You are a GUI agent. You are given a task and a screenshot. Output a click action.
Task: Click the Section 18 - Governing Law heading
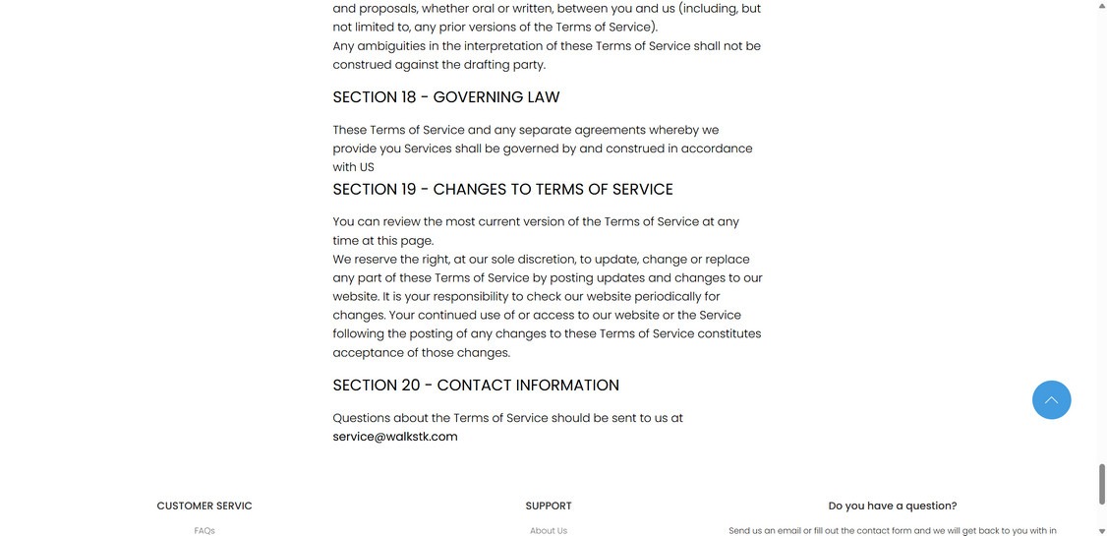point(445,97)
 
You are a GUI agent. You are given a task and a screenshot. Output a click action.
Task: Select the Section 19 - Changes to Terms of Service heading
point(502,190)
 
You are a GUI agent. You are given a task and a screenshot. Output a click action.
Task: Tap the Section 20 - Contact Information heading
point(476,386)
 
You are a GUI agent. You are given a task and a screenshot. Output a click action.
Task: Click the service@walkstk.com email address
point(395,437)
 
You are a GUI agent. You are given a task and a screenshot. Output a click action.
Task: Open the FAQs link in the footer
point(204,531)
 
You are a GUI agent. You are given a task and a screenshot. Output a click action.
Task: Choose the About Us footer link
point(549,531)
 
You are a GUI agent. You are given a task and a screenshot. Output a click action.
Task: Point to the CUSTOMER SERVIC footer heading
point(204,506)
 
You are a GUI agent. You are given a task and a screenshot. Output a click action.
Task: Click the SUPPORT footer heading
point(549,506)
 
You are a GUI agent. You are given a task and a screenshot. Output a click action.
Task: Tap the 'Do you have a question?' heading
point(892,506)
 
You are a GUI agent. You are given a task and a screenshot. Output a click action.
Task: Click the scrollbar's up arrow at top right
point(1101,6)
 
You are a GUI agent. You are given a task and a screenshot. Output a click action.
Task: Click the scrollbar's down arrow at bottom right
point(1101,530)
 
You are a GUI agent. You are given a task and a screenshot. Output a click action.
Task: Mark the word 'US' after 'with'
point(367,167)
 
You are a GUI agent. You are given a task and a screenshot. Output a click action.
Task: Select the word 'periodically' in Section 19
point(667,297)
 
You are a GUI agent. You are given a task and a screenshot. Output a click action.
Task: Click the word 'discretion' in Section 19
point(546,260)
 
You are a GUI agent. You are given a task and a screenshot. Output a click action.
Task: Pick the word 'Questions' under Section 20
point(361,418)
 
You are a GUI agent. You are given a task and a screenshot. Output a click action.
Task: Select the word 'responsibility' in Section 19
point(470,297)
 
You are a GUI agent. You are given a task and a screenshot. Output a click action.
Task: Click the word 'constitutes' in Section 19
point(729,334)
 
